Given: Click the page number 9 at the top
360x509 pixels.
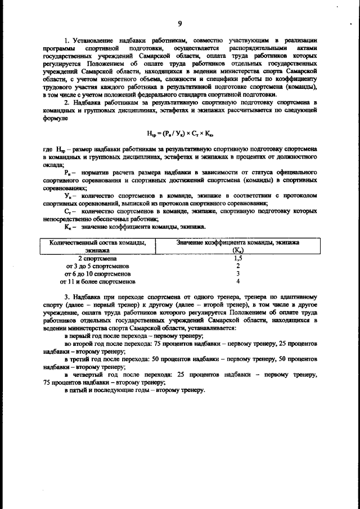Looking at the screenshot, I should (179, 23).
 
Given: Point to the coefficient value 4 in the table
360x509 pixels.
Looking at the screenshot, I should (238, 281).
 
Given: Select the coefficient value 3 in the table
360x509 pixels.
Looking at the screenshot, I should (238, 273).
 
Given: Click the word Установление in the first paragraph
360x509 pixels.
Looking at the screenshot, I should (93, 41).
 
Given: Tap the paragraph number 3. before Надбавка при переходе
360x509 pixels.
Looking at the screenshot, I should (66, 296).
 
